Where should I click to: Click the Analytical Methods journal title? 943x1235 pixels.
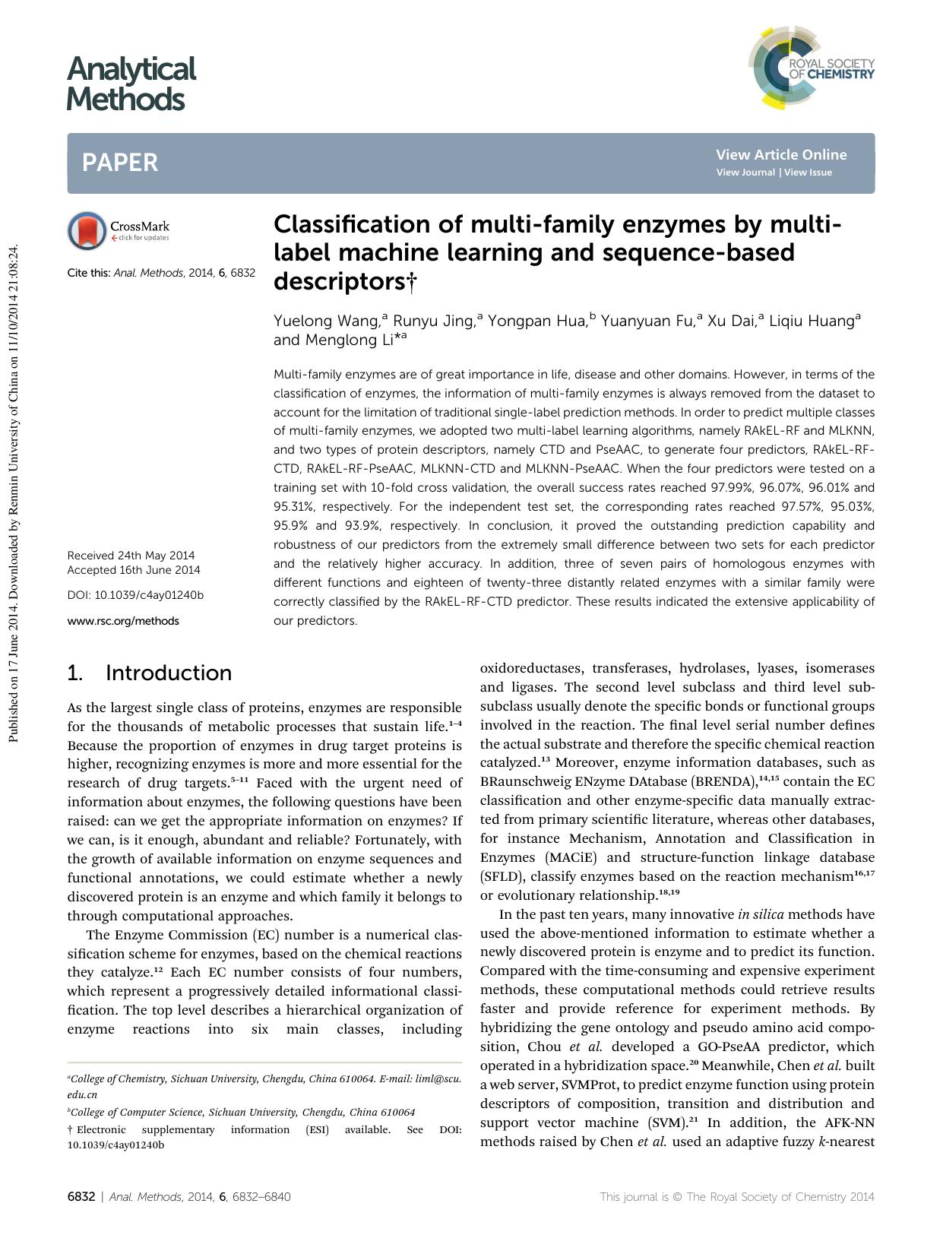tap(131, 84)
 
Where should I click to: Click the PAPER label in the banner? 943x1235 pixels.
tap(120, 163)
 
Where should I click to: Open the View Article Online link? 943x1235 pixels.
tap(780, 155)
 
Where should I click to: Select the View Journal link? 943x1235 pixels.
tap(745, 173)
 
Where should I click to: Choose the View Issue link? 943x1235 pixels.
tap(808, 173)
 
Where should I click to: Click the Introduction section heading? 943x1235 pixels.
tap(168, 673)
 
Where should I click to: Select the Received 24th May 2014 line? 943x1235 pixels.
tap(131, 555)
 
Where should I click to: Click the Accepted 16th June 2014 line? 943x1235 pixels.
tap(134, 570)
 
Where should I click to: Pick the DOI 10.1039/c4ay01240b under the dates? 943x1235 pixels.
tap(135, 595)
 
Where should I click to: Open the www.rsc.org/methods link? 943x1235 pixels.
tap(123, 621)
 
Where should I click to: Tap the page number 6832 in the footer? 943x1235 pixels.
tap(81, 1196)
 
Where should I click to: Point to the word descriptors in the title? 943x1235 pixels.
tap(339, 282)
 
